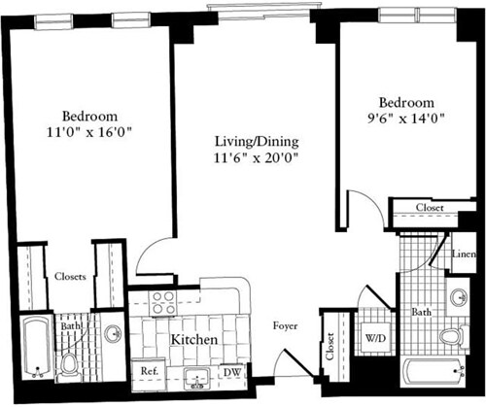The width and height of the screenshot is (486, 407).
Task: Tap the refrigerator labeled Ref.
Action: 150,371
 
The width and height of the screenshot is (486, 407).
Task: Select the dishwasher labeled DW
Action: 232,371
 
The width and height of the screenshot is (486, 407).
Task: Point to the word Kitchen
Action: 194,342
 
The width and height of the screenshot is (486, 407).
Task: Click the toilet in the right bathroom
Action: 450,338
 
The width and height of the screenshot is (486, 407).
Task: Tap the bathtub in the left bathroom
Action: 37,346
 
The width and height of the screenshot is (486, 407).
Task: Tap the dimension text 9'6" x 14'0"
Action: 407,119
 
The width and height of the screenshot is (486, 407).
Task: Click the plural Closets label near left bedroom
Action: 70,276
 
